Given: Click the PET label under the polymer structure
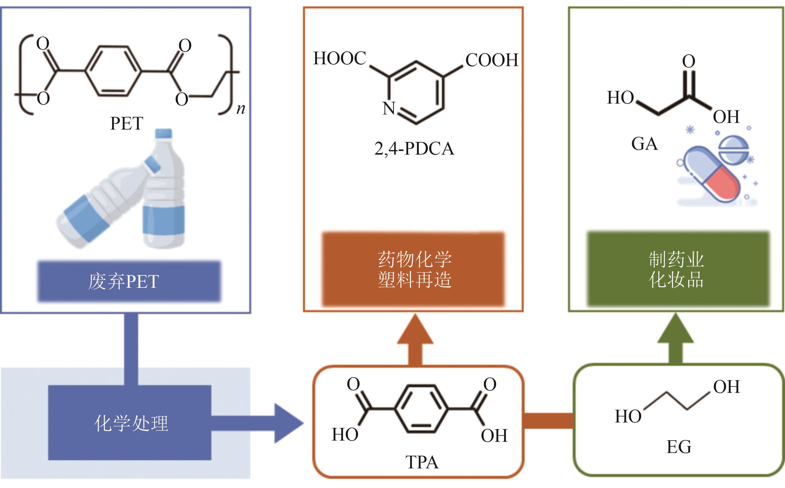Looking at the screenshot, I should (127, 123).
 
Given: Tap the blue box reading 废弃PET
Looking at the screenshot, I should (129, 281).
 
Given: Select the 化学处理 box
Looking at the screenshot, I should (130, 423).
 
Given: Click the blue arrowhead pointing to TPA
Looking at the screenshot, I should (288, 423).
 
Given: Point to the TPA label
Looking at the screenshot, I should (422, 462).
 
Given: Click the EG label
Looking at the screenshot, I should (679, 447).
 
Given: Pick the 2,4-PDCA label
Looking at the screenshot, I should (414, 149).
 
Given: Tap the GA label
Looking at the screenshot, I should (644, 144).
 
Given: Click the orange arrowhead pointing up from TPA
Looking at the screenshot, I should (415, 331).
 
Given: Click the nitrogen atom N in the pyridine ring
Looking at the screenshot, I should (389, 108).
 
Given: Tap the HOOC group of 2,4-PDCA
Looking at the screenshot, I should (340, 58).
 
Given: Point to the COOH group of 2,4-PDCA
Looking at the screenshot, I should (492, 60).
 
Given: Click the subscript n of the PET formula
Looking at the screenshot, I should (241, 109).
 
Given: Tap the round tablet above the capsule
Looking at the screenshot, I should (734, 149).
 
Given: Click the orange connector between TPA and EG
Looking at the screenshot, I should (548, 421).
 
